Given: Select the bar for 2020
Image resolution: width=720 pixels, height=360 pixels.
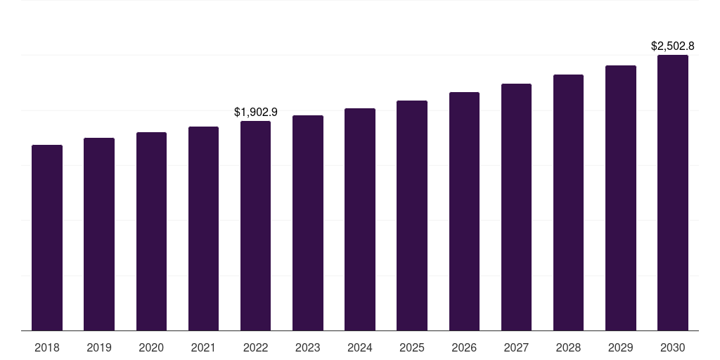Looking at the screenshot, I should (151, 231).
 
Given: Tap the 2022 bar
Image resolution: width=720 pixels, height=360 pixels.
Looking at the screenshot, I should (255, 226).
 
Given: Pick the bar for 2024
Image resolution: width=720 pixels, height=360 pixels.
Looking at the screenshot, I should (360, 219).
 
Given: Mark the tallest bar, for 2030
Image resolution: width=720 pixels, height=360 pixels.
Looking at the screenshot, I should (673, 193).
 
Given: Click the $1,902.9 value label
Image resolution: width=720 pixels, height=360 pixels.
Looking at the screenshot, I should (256, 112).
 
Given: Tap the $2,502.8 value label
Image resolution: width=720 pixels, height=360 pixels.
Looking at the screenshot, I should (673, 46).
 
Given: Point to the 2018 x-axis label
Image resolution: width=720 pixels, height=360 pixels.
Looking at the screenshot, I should (47, 347).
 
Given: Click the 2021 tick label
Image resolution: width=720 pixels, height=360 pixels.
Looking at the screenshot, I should (203, 347).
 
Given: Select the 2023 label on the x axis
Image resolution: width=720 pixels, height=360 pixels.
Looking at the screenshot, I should (308, 347).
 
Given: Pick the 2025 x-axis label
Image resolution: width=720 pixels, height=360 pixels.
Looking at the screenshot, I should (412, 347).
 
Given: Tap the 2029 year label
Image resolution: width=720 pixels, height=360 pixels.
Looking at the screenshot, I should (620, 347).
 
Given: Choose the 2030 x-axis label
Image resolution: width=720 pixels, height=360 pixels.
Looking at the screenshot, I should (673, 347).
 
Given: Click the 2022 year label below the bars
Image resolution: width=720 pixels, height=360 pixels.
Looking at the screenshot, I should (255, 347).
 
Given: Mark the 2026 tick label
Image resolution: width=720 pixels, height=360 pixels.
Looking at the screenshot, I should (464, 347).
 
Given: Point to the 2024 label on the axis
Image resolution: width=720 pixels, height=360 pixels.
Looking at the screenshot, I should (360, 347).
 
